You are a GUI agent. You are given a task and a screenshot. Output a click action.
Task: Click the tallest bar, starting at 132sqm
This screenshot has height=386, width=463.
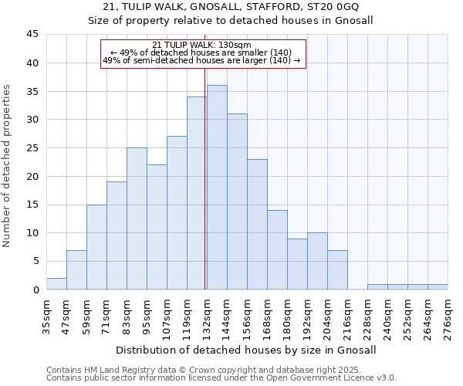[x=217, y=188]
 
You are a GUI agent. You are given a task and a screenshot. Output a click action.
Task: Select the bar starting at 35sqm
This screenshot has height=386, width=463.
[x=56, y=283]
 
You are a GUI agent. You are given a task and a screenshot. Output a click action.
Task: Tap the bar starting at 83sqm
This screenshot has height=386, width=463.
[x=137, y=218]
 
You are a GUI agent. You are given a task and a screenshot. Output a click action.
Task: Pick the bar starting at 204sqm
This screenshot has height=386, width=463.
[x=337, y=269]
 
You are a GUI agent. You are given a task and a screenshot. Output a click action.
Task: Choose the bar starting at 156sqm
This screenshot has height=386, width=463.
[x=257, y=224]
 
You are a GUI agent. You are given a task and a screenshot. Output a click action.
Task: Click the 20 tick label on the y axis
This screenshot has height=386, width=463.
[x=32, y=176]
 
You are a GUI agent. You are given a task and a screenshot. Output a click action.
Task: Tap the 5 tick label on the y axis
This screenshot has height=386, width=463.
[x=35, y=262]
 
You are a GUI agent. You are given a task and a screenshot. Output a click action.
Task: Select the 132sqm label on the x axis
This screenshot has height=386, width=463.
[x=206, y=315]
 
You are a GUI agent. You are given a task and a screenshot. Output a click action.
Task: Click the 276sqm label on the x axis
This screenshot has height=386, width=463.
[x=448, y=315]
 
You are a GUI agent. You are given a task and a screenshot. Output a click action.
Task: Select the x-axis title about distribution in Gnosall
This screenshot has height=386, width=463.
[x=246, y=350]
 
